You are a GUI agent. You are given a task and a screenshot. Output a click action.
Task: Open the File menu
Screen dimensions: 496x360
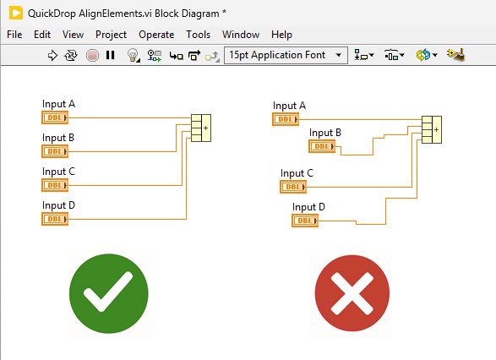click(14, 35)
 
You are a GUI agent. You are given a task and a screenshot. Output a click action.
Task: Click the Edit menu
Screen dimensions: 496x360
click(42, 35)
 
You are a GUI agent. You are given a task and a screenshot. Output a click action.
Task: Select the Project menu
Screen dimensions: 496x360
click(111, 35)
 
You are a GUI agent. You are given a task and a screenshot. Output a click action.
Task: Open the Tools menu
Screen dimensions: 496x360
click(198, 35)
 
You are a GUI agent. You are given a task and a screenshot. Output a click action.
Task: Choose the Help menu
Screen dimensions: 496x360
click(281, 35)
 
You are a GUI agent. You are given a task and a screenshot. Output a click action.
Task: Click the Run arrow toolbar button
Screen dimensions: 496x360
click(52, 56)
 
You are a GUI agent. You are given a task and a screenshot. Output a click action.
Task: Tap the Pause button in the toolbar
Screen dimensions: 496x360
click(110, 56)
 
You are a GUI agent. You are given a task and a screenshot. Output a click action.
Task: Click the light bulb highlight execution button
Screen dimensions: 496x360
click(134, 56)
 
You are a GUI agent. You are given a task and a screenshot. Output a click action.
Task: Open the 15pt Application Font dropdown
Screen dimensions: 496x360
click(286, 56)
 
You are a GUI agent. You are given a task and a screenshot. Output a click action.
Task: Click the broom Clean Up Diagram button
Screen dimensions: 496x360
click(455, 55)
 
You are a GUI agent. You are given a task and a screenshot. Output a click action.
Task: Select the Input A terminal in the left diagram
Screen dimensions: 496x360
click(55, 117)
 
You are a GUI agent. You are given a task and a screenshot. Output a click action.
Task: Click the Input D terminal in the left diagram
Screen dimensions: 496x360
click(55, 219)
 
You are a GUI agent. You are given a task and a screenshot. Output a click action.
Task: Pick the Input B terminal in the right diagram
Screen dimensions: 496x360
click(322, 146)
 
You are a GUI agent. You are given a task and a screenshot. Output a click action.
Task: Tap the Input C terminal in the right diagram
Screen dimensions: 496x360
click(293, 187)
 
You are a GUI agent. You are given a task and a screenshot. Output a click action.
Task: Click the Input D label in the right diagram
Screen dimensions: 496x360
click(308, 207)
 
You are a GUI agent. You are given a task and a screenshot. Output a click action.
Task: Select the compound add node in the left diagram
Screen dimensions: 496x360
click(201, 128)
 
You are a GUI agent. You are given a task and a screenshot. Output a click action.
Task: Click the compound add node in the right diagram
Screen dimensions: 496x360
click(432, 129)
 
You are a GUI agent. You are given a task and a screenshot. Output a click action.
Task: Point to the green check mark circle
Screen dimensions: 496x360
click(109, 293)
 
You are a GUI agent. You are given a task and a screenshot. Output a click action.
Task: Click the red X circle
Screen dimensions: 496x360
click(352, 293)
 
